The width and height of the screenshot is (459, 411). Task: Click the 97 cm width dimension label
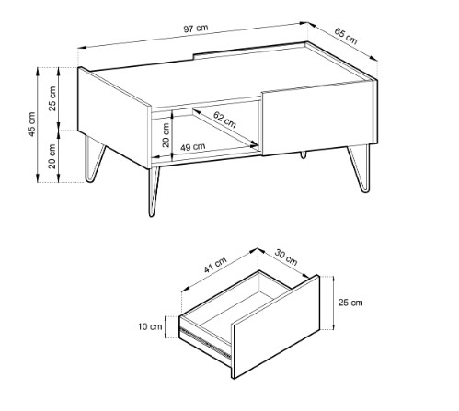tap(196, 29)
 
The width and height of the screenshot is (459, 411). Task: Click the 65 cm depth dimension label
tap(346, 36)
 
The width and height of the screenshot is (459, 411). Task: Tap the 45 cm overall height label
tap(31, 124)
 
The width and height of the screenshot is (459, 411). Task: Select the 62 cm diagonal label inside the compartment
tap(224, 120)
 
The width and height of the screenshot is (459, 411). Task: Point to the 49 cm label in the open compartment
tap(192, 147)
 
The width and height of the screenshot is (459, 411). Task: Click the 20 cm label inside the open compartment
tap(166, 135)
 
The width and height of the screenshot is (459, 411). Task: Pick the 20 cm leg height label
tap(52, 156)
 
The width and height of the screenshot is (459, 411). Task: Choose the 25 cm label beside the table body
tap(52, 98)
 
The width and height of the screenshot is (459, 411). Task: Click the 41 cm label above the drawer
tap(215, 265)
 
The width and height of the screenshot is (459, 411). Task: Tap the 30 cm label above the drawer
tap(286, 257)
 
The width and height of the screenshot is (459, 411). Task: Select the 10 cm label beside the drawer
tap(150, 326)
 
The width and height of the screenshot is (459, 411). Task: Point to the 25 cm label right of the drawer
tap(350, 303)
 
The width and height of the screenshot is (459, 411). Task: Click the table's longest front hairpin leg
tap(154, 191)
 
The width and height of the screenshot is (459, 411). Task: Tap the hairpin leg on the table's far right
tap(360, 168)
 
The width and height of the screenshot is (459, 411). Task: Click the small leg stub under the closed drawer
tap(304, 154)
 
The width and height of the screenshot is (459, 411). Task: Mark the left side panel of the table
tap(114, 118)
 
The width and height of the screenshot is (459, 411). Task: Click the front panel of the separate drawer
tap(276, 326)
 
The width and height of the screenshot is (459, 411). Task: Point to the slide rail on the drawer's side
tap(205, 342)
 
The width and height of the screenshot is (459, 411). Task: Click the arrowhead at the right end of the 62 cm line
tap(254, 143)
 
